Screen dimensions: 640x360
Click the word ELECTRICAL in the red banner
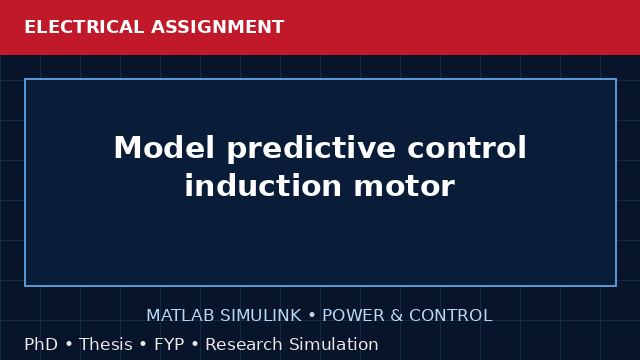84,27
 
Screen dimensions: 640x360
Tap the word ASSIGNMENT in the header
218,27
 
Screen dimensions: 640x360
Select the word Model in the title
164,147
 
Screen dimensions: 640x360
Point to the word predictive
311,149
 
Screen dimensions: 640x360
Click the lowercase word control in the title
467,147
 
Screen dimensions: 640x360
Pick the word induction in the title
263,185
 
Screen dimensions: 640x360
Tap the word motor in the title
404,186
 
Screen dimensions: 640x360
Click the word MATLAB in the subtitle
180,316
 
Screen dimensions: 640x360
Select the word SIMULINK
261,316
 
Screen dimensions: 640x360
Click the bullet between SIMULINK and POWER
312,316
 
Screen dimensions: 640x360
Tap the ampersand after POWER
396,316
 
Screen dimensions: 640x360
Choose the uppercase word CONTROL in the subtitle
451,316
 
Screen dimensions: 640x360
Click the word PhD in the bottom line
41,344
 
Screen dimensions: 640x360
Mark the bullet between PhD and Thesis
69,345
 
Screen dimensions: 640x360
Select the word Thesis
106,344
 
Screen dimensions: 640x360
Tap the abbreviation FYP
169,344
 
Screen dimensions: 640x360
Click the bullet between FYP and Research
195,345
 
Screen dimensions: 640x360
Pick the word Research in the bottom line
244,344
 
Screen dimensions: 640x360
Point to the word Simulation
334,344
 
